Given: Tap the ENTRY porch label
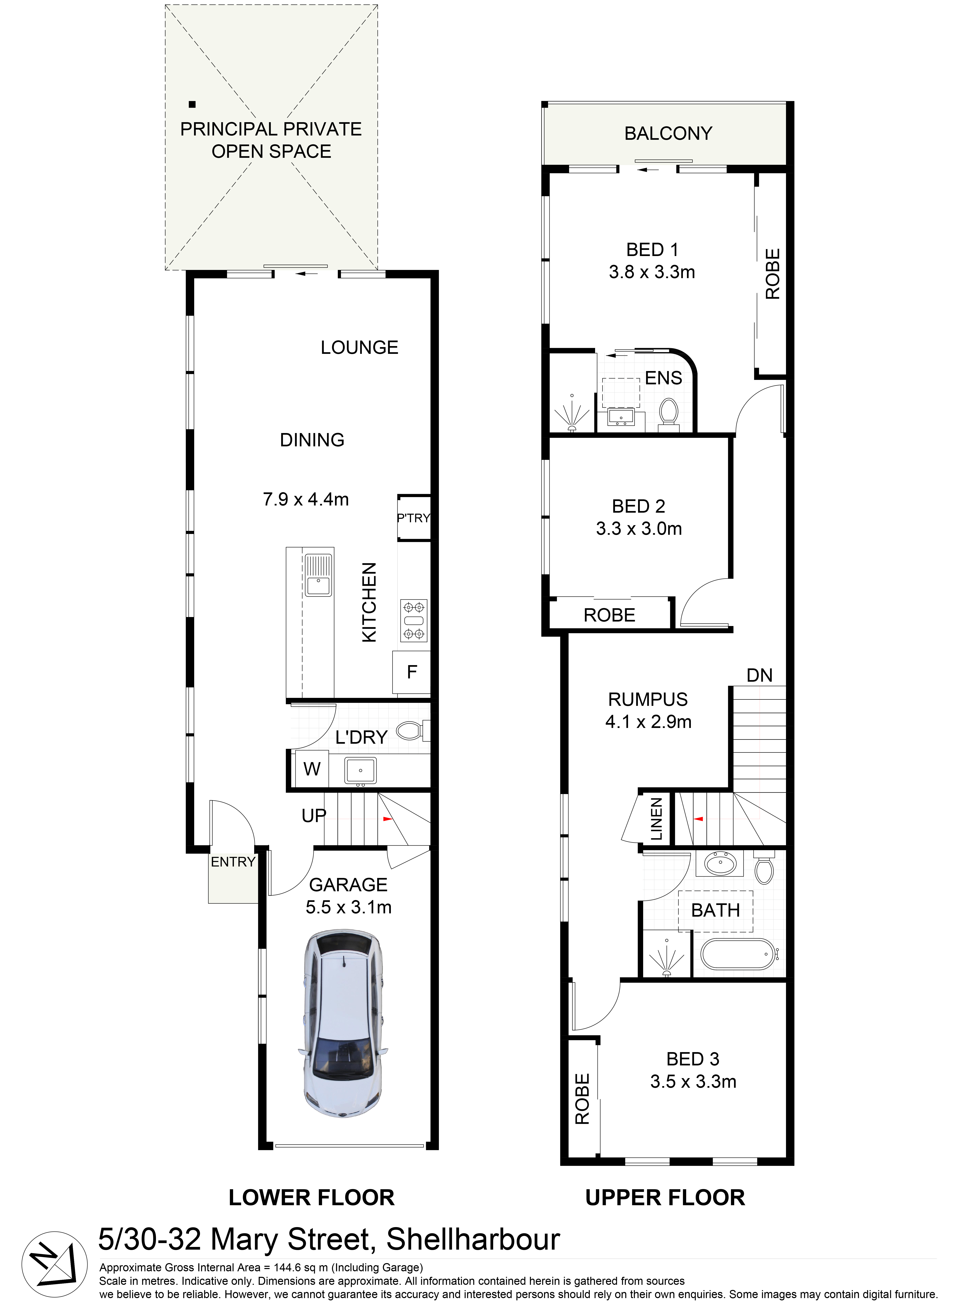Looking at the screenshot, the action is [x=233, y=862].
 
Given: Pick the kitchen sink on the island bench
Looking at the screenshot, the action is [x=318, y=575].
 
